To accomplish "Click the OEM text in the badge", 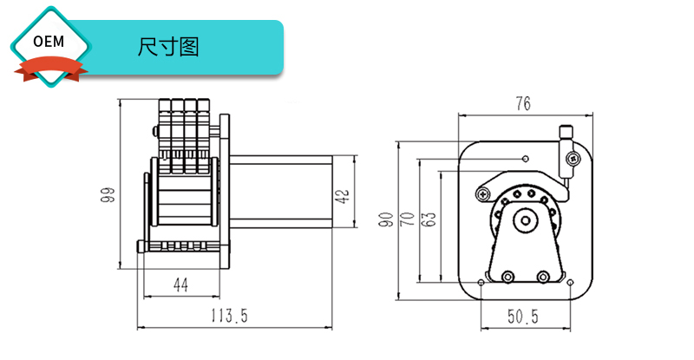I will [x=50, y=42].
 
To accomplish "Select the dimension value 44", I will [x=181, y=285].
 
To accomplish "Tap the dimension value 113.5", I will [x=227, y=317].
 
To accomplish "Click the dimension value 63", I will [x=428, y=219].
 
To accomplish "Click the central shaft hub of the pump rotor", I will [x=524, y=221].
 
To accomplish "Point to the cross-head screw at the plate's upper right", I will [x=573, y=158].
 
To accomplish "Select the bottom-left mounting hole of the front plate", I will [x=481, y=283].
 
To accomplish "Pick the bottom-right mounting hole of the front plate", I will [x=570, y=283].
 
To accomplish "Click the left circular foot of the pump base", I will [x=507, y=278].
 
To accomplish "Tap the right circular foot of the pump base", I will [x=543, y=278].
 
